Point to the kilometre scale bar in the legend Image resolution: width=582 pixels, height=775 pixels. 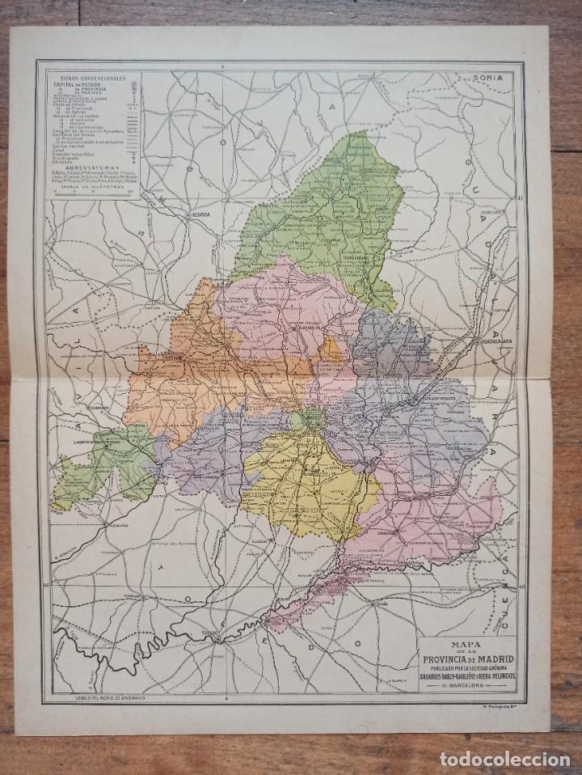[91, 191]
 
